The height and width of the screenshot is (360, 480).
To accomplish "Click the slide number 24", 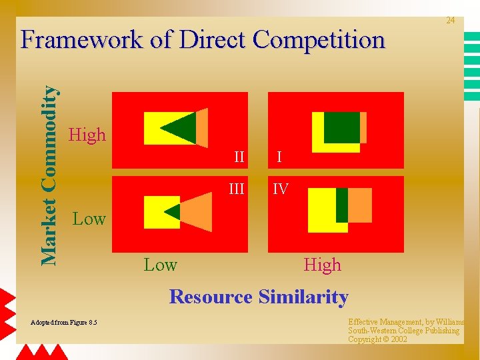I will pos(451,21).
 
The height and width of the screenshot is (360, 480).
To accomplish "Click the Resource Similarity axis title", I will pos(259,297).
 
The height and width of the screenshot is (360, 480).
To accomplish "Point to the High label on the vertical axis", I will pos(87,135).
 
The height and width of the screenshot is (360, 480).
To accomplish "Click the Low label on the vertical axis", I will pos(89,218).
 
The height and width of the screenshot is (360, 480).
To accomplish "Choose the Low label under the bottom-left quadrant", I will pos(161,265).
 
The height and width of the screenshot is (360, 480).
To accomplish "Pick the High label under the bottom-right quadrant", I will pos(322,265).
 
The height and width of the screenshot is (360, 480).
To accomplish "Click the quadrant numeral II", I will pos(239,158).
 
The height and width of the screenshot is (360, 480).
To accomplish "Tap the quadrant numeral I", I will pos(279,158).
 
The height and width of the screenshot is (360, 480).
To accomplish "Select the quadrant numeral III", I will pos(237,189).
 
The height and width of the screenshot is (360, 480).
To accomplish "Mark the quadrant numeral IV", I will pos(281,189).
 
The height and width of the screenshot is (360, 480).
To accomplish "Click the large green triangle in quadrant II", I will pos(182,127).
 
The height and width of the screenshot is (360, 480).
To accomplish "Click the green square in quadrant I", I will pos(342,127).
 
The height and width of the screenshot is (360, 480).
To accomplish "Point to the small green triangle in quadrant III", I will pos(174,212).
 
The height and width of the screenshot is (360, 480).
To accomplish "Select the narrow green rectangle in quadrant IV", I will pos(342,205).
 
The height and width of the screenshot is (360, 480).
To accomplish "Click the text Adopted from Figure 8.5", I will pos(64,323).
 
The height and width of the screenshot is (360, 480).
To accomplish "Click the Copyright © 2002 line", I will pos(377,339).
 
